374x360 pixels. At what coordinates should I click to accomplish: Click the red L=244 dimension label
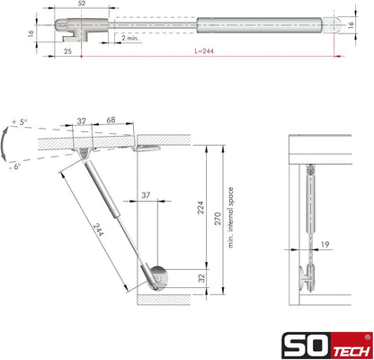click(x=204, y=51)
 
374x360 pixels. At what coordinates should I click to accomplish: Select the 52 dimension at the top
click(x=82, y=4)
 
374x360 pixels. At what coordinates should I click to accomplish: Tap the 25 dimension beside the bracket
click(x=67, y=51)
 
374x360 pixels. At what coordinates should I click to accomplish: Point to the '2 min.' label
click(x=130, y=38)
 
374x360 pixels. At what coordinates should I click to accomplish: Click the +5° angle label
click(x=19, y=122)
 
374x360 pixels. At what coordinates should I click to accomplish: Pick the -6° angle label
click(x=14, y=166)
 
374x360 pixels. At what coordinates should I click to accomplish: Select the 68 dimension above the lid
click(x=111, y=120)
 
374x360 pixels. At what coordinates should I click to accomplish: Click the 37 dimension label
click(x=146, y=195)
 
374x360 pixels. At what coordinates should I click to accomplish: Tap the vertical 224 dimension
click(x=200, y=208)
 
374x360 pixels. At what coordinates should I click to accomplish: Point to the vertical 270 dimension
click(x=218, y=219)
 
